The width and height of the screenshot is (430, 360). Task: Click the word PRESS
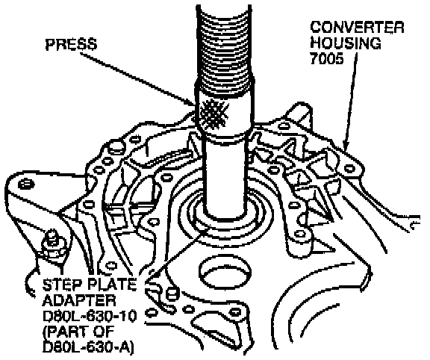(x=71, y=45)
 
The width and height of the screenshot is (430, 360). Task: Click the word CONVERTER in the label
(x=358, y=28)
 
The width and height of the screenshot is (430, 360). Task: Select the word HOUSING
(x=346, y=43)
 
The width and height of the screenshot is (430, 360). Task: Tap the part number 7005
(x=327, y=58)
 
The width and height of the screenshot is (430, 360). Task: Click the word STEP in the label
(x=60, y=285)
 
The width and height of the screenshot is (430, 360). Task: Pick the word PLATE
(x=110, y=285)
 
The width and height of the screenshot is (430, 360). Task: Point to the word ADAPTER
(x=79, y=300)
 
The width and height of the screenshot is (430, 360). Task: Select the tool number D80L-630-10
(x=90, y=316)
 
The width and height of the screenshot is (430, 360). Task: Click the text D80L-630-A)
(x=88, y=347)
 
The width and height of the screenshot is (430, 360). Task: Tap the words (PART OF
(x=78, y=332)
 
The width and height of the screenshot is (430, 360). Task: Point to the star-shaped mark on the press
(x=214, y=114)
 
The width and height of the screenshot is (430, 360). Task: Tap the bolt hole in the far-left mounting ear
(x=26, y=184)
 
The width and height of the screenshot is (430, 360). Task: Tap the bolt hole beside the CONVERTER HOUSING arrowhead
(x=349, y=167)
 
